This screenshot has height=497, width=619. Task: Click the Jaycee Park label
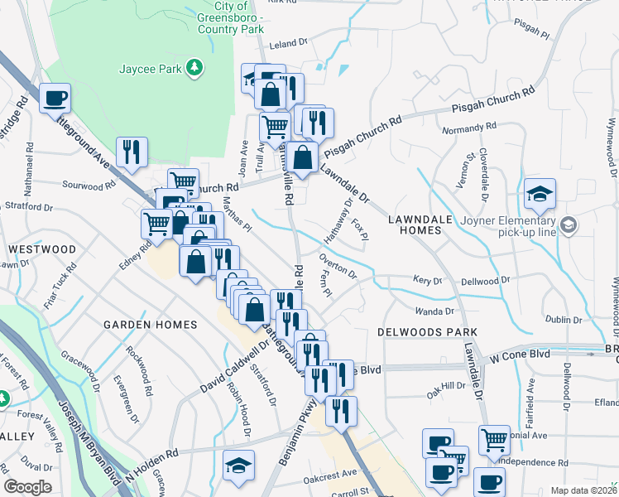(150, 69)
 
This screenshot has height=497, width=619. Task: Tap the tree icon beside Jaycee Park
(194, 67)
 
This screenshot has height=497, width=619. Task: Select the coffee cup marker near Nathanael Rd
(55, 99)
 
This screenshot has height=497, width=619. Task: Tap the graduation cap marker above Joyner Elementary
(540, 195)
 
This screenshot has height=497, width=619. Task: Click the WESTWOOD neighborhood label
(41, 248)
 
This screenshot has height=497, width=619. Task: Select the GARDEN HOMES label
(150, 325)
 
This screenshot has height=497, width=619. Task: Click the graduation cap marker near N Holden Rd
(239, 466)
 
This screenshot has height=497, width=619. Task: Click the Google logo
(27, 487)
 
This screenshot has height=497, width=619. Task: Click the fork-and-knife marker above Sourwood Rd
(132, 152)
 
